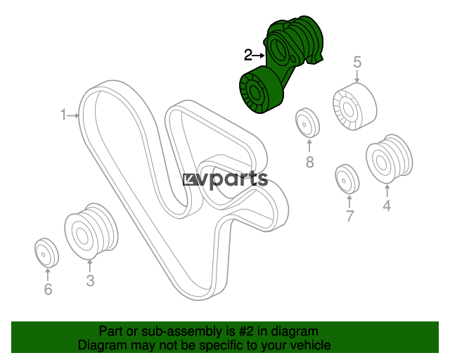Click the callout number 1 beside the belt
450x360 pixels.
coord(63,115)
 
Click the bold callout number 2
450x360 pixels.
coord(247,55)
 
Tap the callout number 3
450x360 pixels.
coord(90,281)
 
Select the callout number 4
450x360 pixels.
coord(387,205)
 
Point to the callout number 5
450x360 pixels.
coord(357,62)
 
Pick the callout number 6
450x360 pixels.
coord(48,289)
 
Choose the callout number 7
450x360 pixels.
coord(349,216)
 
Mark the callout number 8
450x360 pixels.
coord(309,162)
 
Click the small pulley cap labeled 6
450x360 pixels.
coord(46,252)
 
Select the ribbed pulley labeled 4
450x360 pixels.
coord(389,159)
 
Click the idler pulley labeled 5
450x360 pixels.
coord(354,106)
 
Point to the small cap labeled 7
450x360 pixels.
coord(347,179)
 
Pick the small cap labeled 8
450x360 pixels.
coord(308,123)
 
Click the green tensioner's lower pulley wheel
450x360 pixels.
coord(261,89)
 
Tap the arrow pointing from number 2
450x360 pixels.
coord(259,56)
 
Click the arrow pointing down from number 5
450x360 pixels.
coord(357,77)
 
